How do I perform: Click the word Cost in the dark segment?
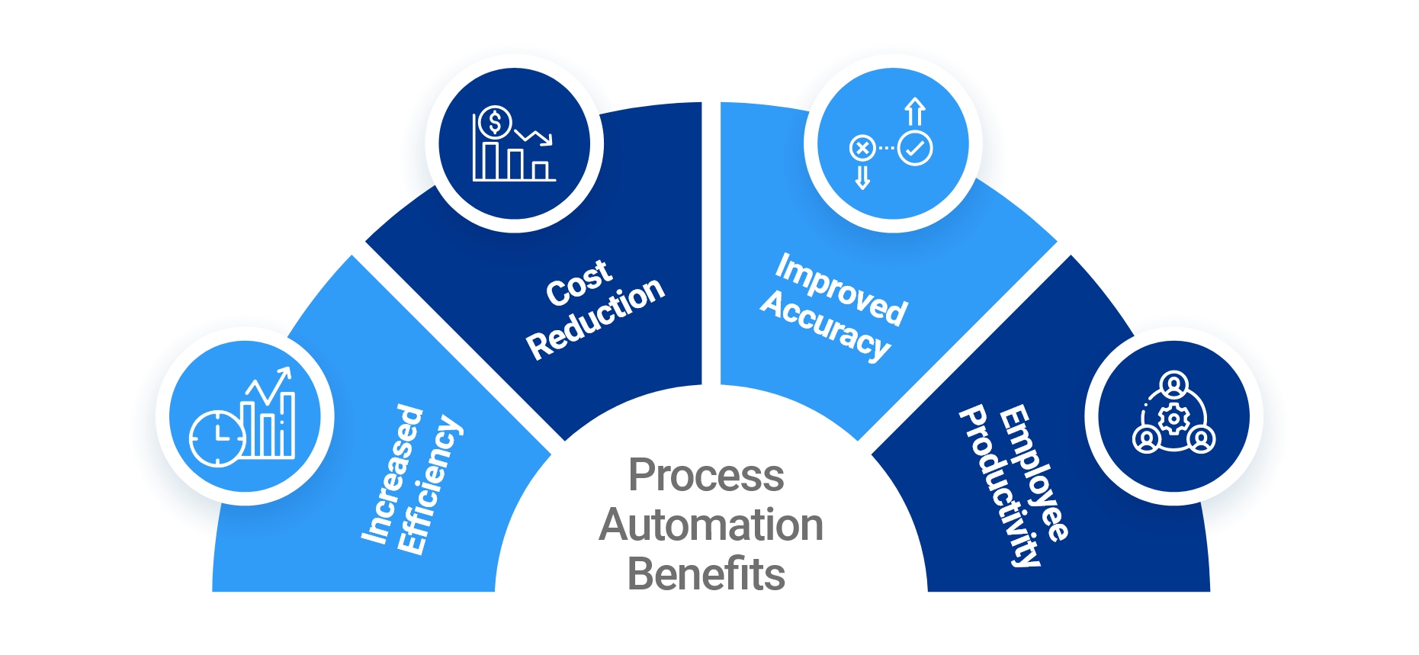579,283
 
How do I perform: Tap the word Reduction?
596,318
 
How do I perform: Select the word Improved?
842,290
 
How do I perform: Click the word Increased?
392,474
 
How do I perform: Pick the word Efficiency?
429,485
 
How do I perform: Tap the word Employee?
1034,474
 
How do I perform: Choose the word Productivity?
1000,487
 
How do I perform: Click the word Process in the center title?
706,476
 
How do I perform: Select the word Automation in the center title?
711,525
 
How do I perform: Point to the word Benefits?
706,574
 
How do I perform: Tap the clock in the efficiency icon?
217,438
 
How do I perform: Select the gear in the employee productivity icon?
1173,419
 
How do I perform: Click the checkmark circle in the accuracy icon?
915,148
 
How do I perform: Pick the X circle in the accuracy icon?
862,148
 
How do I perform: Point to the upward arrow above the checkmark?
915,111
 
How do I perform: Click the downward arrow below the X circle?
862,177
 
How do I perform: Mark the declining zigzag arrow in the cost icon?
534,137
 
